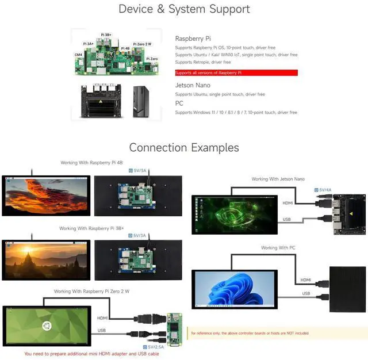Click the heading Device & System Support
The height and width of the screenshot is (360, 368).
pyautogui.click(x=184, y=9)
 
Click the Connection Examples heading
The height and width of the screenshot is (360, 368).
pyautogui.click(x=184, y=148)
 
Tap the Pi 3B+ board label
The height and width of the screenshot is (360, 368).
pyautogui.click(x=107, y=35)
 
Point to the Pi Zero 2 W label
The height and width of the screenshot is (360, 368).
pyautogui.click(x=143, y=44)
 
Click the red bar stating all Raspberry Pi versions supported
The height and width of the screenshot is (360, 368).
pyautogui.click(x=236, y=73)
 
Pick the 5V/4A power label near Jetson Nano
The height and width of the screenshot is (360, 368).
pyautogui.click(x=324, y=190)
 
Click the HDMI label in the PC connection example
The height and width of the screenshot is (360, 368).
pyautogui.click(x=305, y=280)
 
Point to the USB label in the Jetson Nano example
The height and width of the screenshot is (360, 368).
pyautogui.click(x=287, y=219)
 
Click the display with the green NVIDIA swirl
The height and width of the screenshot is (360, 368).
pyautogui.click(x=234, y=213)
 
